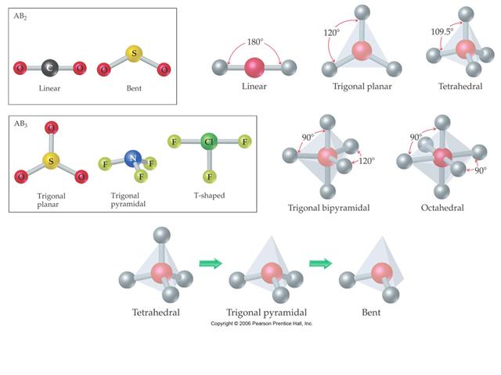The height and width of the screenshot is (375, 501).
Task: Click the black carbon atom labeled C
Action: tap(49, 68)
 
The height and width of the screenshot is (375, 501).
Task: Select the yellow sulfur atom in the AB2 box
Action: tap(134, 54)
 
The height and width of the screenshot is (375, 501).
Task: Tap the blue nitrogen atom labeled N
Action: tap(133, 158)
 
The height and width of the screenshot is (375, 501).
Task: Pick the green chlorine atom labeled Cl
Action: tap(209, 141)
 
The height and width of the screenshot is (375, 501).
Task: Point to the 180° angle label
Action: tap(255, 41)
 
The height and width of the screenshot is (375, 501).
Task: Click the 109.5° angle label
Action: tap(442, 31)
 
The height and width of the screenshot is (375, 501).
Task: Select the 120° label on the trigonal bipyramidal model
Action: tap(366, 161)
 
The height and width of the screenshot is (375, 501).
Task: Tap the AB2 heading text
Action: tap(20, 16)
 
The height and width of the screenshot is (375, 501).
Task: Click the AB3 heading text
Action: tap(20, 123)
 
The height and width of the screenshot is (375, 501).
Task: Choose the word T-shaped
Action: tap(209, 195)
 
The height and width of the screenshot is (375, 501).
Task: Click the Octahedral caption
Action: tap(442, 208)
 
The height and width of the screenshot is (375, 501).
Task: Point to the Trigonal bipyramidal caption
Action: tap(329, 208)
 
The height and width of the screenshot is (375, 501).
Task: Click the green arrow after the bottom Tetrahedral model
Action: tap(211, 263)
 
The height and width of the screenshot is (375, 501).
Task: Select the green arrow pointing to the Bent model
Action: tap(320, 263)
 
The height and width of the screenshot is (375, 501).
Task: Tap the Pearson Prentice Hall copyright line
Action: tap(261, 323)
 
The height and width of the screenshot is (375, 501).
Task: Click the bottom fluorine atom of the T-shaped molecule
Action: tap(209, 177)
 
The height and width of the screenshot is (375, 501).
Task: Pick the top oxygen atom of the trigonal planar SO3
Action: tap(51, 128)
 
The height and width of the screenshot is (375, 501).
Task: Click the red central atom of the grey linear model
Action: tap(254, 68)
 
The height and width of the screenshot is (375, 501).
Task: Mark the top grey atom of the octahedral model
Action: tap(442, 123)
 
